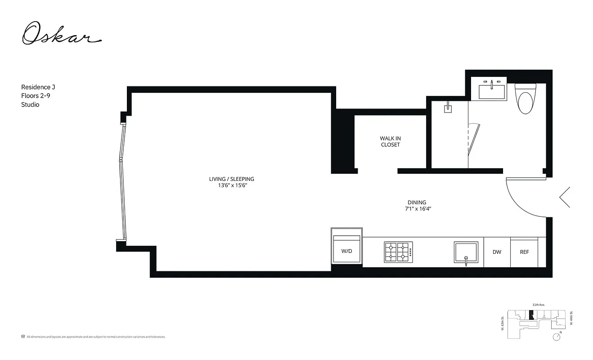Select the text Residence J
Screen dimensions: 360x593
coord(38,87)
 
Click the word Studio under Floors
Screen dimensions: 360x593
coord(30,105)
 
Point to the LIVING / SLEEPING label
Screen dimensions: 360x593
coord(231,179)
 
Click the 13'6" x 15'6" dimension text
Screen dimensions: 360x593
coord(231,185)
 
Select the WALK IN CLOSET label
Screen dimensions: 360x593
coord(390,142)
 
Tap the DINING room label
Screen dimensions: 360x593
coord(417,202)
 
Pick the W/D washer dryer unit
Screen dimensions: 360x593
coord(346,250)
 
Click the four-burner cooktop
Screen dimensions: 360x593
coord(398,252)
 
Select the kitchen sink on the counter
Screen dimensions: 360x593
coord(466,253)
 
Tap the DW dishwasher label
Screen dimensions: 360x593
coord(497,252)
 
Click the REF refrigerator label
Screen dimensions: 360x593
coord(524,252)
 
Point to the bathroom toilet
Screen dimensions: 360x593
coord(525,99)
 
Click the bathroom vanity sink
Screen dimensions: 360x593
coord(492,91)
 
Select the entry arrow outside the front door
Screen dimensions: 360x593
coord(565,197)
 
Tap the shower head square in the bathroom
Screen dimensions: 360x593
coord(448,108)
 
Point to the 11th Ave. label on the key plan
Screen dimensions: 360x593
coord(539,305)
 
